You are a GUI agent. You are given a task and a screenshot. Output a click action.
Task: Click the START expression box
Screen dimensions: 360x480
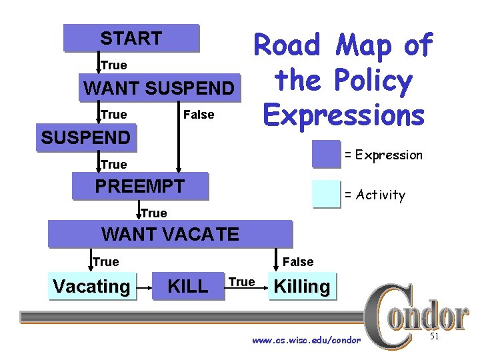pyautogui.click(x=131, y=39)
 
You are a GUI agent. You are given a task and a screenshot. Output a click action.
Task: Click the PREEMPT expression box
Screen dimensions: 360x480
pyautogui.click(x=140, y=186)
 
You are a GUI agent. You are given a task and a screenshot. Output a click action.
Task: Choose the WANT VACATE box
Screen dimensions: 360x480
pyautogui.click(x=170, y=234)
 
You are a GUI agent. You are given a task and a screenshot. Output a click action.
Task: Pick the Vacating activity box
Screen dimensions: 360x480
pyautogui.click(x=91, y=287)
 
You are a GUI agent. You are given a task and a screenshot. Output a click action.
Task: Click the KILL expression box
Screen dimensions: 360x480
pyautogui.click(x=188, y=287)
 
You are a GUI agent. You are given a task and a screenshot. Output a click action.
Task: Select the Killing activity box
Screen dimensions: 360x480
pyautogui.click(x=302, y=287)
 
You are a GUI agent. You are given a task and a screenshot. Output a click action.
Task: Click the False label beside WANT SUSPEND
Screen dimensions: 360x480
pyautogui.click(x=199, y=115)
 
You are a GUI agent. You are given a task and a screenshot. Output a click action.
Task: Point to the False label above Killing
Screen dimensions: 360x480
pyautogui.click(x=298, y=262)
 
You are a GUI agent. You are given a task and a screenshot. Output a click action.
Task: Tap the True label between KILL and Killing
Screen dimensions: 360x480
pyautogui.click(x=241, y=282)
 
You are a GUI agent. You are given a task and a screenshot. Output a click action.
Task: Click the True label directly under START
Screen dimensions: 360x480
pyautogui.click(x=113, y=65)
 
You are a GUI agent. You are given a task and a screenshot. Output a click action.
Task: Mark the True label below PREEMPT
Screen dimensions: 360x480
pyautogui.click(x=154, y=213)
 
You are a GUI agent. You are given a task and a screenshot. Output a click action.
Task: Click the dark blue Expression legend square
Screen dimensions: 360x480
pyautogui.click(x=326, y=155)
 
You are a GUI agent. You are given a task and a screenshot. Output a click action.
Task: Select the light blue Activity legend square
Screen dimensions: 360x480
pyautogui.click(x=326, y=195)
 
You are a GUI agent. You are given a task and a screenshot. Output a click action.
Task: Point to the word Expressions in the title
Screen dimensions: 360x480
pyautogui.click(x=343, y=115)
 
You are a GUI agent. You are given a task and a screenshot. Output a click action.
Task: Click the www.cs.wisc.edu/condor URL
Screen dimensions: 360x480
pyautogui.click(x=306, y=341)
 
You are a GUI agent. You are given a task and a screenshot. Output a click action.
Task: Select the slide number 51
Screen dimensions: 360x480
pyautogui.click(x=434, y=337)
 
